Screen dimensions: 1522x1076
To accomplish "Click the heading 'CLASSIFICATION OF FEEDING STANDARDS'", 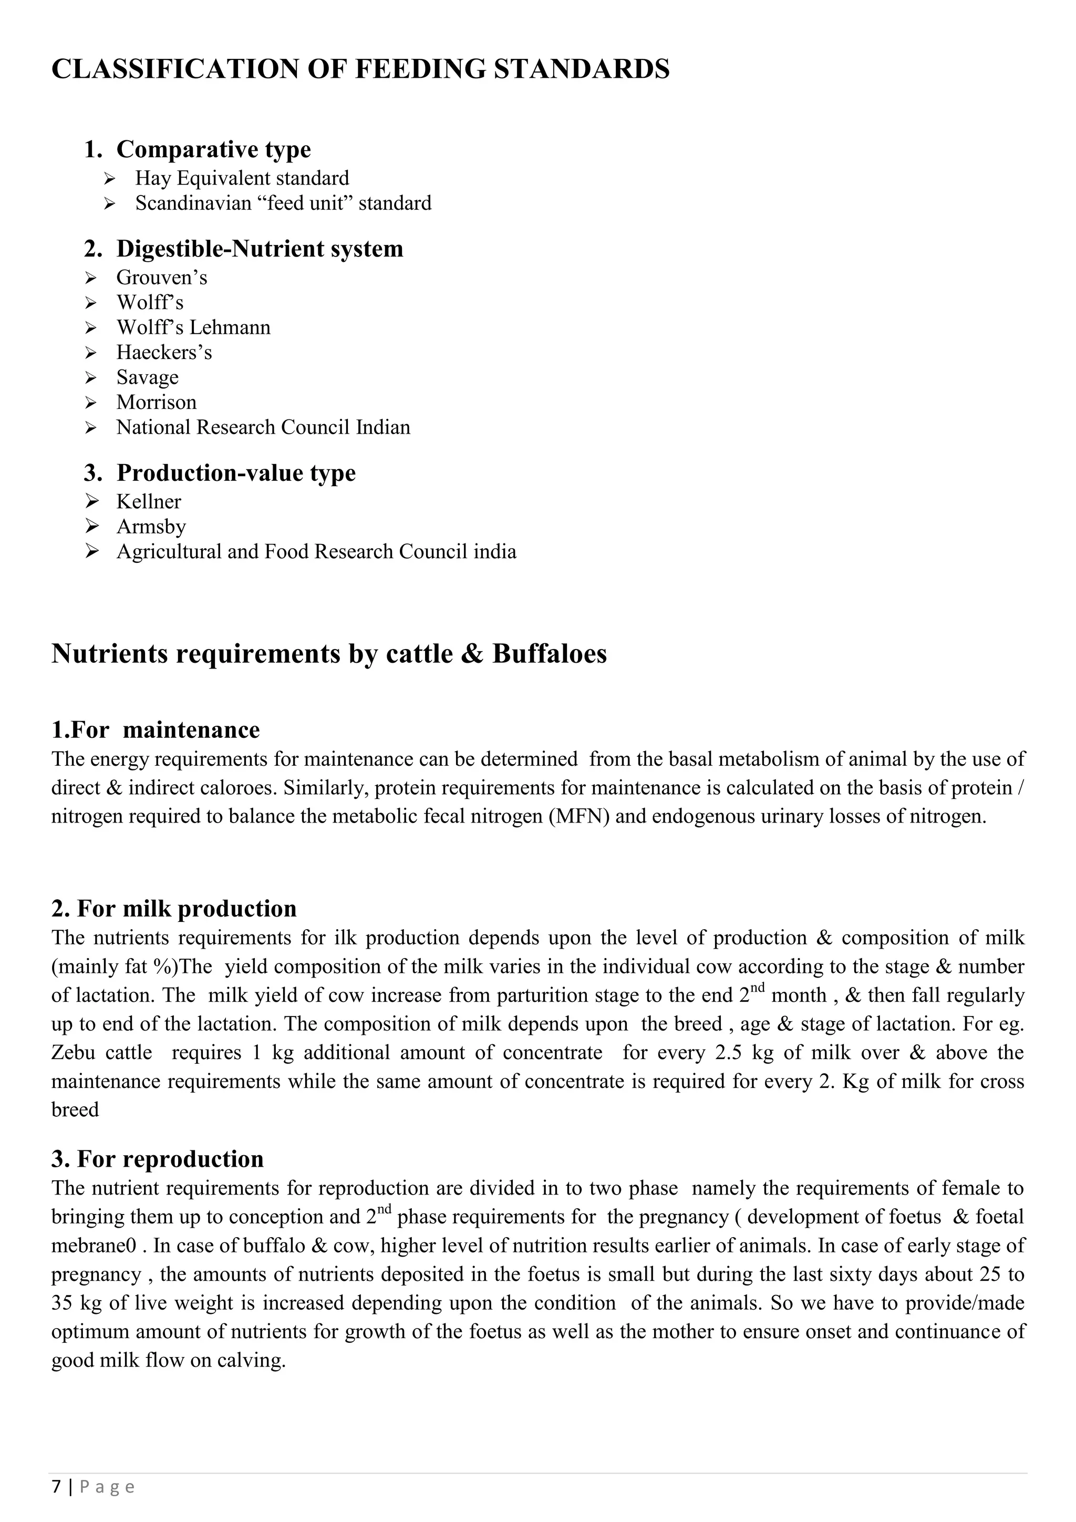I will click(360, 69).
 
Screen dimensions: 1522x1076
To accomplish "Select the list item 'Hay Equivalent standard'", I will click(242, 178).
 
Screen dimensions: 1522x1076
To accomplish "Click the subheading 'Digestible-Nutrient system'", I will click(259, 249).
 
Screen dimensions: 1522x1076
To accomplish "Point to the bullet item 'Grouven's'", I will click(162, 277).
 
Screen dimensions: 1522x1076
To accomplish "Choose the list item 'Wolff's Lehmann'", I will click(193, 327).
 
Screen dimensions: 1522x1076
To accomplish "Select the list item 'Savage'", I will click(147, 377).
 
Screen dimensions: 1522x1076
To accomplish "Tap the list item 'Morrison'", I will click(157, 403).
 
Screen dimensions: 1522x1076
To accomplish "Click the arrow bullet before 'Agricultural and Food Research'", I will click(91, 551).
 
